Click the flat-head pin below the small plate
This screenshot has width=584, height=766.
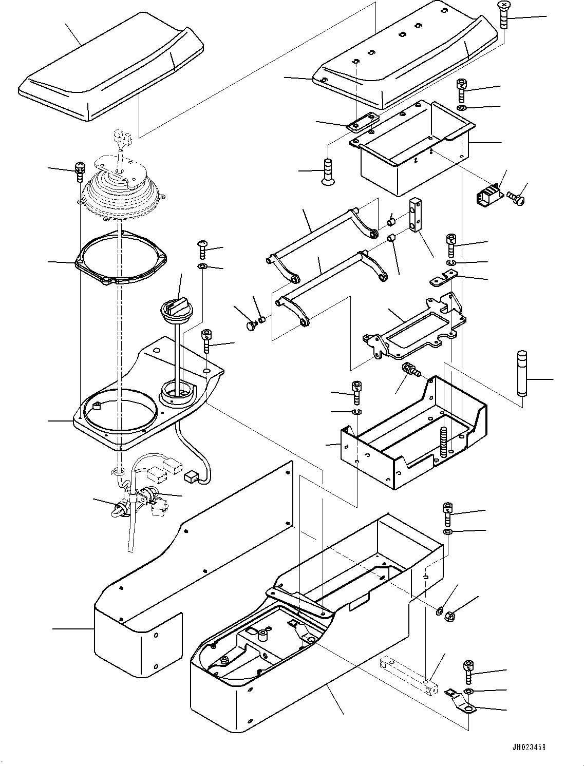click(328, 172)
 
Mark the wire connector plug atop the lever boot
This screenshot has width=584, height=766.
click(121, 137)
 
